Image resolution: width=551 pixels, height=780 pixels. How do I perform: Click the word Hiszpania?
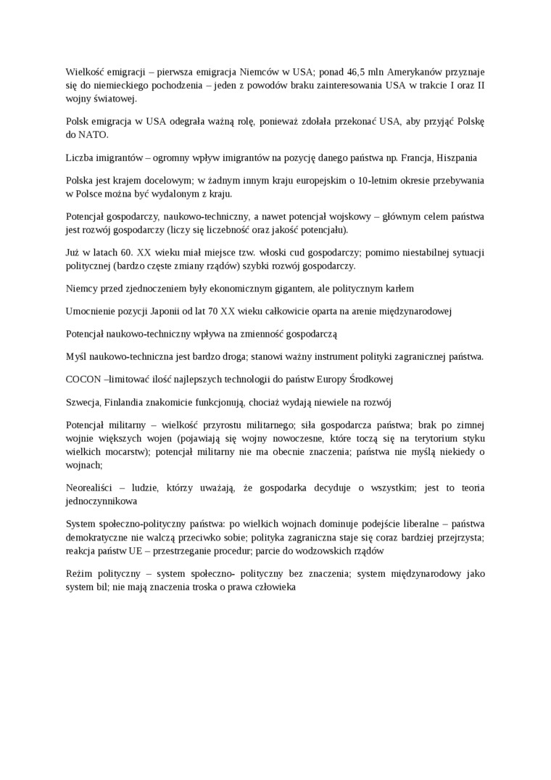(452, 157)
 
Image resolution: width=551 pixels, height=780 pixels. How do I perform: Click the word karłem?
(399, 288)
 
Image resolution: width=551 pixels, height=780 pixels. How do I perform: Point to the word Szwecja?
(83, 402)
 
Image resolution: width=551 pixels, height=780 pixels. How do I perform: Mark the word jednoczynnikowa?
(101, 501)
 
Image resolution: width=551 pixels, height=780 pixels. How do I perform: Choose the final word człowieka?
(272, 586)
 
